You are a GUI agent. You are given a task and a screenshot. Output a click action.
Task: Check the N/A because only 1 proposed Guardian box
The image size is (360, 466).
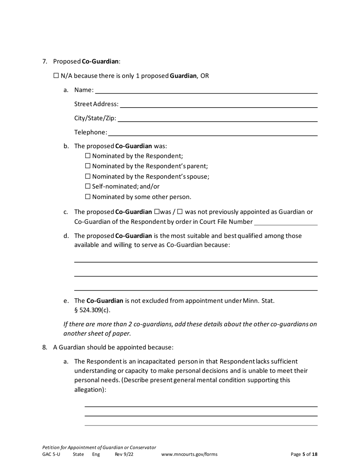coord(56,76)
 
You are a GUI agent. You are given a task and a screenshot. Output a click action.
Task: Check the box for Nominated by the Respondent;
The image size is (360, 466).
coord(88,156)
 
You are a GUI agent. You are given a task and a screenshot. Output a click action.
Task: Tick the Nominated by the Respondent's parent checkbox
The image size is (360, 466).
coord(88,166)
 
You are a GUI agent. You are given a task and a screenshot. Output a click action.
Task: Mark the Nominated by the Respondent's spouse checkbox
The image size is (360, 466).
coord(88,176)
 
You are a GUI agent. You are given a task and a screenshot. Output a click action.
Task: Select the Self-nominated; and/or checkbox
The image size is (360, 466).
coord(88,186)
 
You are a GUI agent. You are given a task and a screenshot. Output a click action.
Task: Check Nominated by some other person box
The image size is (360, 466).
coord(88,197)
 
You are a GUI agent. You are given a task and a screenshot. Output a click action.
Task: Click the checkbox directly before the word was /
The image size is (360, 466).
coord(157,212)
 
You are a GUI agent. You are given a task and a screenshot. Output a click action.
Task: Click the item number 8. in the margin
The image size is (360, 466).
coord(45,347)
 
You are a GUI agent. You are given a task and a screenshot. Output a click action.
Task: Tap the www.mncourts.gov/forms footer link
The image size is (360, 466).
coord(189,454)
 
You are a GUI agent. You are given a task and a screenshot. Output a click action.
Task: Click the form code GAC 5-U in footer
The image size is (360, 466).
coord(51,454)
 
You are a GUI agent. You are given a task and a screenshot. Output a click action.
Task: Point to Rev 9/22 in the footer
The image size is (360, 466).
coord(124,454)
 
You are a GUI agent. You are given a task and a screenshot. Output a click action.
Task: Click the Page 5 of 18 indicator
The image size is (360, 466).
coord(304,454)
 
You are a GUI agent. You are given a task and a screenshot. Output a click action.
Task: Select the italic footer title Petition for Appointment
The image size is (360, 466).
coord(99,447)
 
